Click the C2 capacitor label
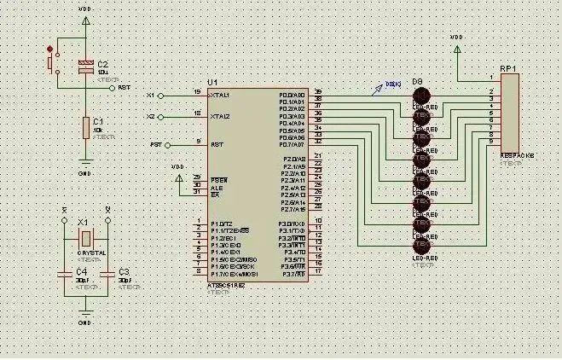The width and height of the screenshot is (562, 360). click(x=103, y=64)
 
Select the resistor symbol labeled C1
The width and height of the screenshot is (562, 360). click(x=85, y=128)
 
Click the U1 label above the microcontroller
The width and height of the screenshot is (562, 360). click(x=212, y=81)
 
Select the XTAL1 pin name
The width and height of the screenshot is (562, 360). click(x=220, y=95)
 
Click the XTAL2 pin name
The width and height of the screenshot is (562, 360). click(x=220, y=116)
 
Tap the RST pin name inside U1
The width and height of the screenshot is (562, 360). click(x=217, y=144)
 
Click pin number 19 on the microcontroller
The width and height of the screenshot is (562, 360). click(x=197, y=91)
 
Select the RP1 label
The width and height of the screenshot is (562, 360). click(x=508, y=67)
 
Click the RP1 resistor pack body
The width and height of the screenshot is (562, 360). click(x=509, y=111)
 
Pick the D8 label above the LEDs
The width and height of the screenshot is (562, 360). click(x=418, y=82)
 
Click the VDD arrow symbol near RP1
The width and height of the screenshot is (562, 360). click(x=457, y=49)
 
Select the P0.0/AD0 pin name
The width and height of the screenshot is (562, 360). click(x=292, y=95)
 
